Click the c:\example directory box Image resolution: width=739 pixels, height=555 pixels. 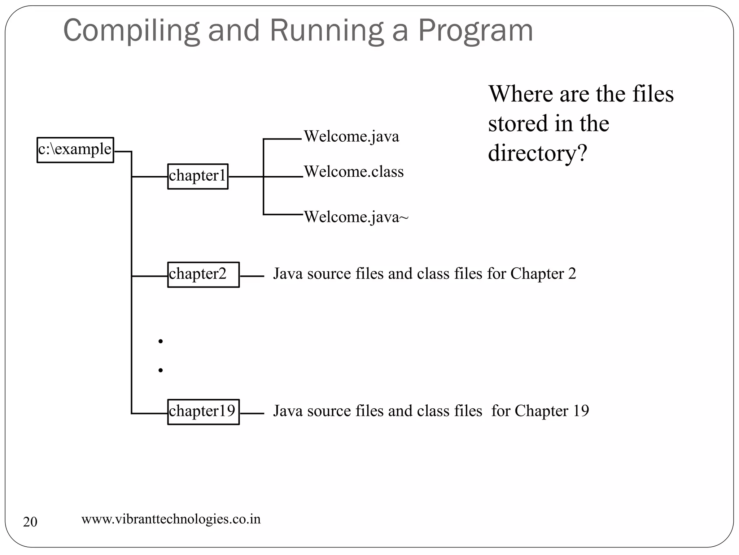[75, 150]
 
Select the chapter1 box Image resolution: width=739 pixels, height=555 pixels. [197, 176]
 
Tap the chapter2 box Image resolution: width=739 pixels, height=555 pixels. [203, 275]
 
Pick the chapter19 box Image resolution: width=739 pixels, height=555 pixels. [203, 412]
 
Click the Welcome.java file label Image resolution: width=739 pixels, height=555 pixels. [351, 137]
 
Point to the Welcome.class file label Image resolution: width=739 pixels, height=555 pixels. [354, 172]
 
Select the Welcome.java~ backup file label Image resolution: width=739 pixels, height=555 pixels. [356, 217]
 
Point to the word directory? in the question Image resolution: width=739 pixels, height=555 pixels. [537, 153]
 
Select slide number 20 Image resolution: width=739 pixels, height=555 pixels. [30, 522]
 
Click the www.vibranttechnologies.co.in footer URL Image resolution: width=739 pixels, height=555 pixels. [171, 519]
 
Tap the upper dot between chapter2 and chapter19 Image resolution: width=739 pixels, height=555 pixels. [161, 341]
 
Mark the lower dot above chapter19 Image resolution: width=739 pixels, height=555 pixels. [161, 370]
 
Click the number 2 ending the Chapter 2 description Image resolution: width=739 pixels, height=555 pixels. [572, 274]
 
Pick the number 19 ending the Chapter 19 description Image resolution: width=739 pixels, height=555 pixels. [581, 411]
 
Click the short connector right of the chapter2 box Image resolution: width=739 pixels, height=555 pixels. [252, 276]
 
